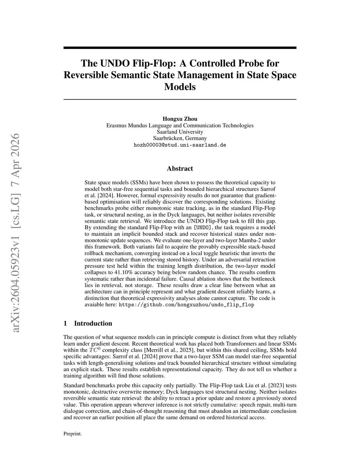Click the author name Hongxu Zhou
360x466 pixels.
180,119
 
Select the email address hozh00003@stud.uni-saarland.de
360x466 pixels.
180,145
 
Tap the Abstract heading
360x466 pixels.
180,168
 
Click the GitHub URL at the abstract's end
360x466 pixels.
186,305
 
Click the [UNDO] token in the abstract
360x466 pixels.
202,227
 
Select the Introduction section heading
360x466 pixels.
93,323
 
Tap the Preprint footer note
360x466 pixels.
72,434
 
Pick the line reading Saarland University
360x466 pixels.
180,132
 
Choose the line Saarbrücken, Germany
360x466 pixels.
180,138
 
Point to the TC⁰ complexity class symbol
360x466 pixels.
95,350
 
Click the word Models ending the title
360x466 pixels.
180,87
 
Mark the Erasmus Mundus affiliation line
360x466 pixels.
180,125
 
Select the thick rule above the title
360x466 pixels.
180,47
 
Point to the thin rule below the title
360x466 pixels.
180,100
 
